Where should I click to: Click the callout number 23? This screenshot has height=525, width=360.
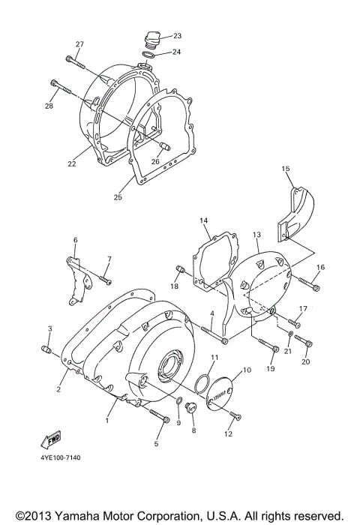[x=177, y=36]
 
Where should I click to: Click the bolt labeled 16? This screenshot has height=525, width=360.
[x=313, y=286]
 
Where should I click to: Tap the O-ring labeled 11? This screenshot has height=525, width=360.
[x=199, y=387]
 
